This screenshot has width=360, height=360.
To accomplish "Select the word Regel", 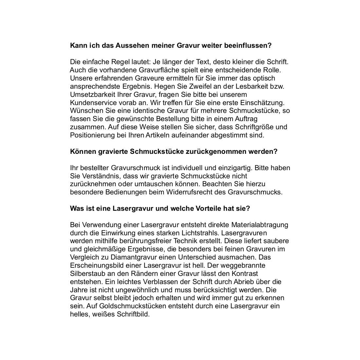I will click(105, 62).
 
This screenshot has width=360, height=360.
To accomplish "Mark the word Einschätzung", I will click(264, 102).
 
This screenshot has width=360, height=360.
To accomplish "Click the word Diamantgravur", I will click(125, 257).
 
